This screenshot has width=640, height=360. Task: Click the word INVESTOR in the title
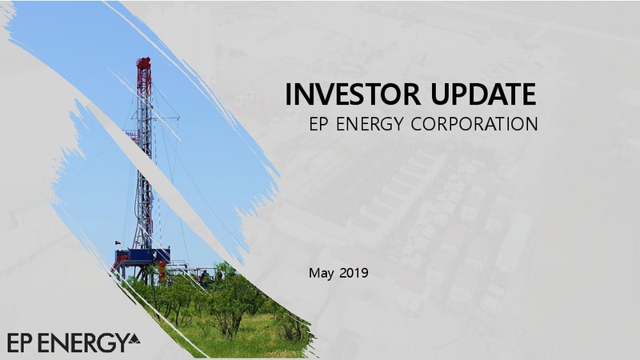(x=352, y=94)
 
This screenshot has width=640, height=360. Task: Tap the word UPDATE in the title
(x=483, y=94)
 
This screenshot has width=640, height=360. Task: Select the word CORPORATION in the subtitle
(x=474, y=124)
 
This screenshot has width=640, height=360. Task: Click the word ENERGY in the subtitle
(x=370, y=124)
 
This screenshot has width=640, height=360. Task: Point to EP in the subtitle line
(x=318, y=124)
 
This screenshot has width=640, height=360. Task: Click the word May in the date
(x=322, y=273)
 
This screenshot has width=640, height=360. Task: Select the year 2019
(x=354, y=273)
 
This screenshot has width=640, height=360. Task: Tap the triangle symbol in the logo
(x=134, y=338)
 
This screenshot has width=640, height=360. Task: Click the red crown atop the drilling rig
(x=144, y=63)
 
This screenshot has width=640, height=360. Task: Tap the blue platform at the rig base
(x=142, y=256)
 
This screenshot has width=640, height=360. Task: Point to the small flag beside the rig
(x=117, y=242)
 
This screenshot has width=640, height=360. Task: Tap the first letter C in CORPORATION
(x=417, y=124)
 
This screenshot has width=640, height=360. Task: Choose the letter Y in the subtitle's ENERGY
(x=398, y=124)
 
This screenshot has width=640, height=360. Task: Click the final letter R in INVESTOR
(x=413, y=94)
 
